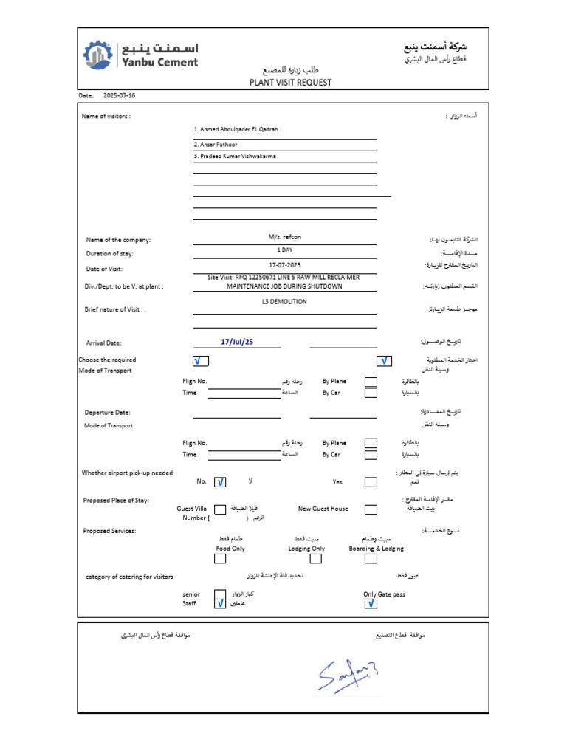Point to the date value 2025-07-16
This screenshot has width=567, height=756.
point(119,96)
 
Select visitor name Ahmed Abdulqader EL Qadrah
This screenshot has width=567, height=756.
point(236,129)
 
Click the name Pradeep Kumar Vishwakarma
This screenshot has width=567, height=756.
point(235,157)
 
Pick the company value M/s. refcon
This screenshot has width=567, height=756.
point(284,236)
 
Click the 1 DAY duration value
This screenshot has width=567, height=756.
point(284,250)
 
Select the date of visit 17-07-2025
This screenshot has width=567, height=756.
point(284,264)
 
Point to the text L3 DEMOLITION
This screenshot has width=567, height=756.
point(284,302)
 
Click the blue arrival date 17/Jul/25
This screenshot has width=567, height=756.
point(237,343)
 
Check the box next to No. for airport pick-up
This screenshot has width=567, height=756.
point(220,482)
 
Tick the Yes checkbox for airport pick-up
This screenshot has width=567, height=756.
point(371,482)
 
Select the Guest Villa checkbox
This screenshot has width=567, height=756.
point(220,509)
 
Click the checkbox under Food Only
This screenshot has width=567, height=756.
point(220,559)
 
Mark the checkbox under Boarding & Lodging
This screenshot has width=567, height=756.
point(371,559)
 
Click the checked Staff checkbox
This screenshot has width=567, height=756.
point(220,603)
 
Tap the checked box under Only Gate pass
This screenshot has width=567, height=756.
point(371,604)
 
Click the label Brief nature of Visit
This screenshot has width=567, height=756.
point(114,309)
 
